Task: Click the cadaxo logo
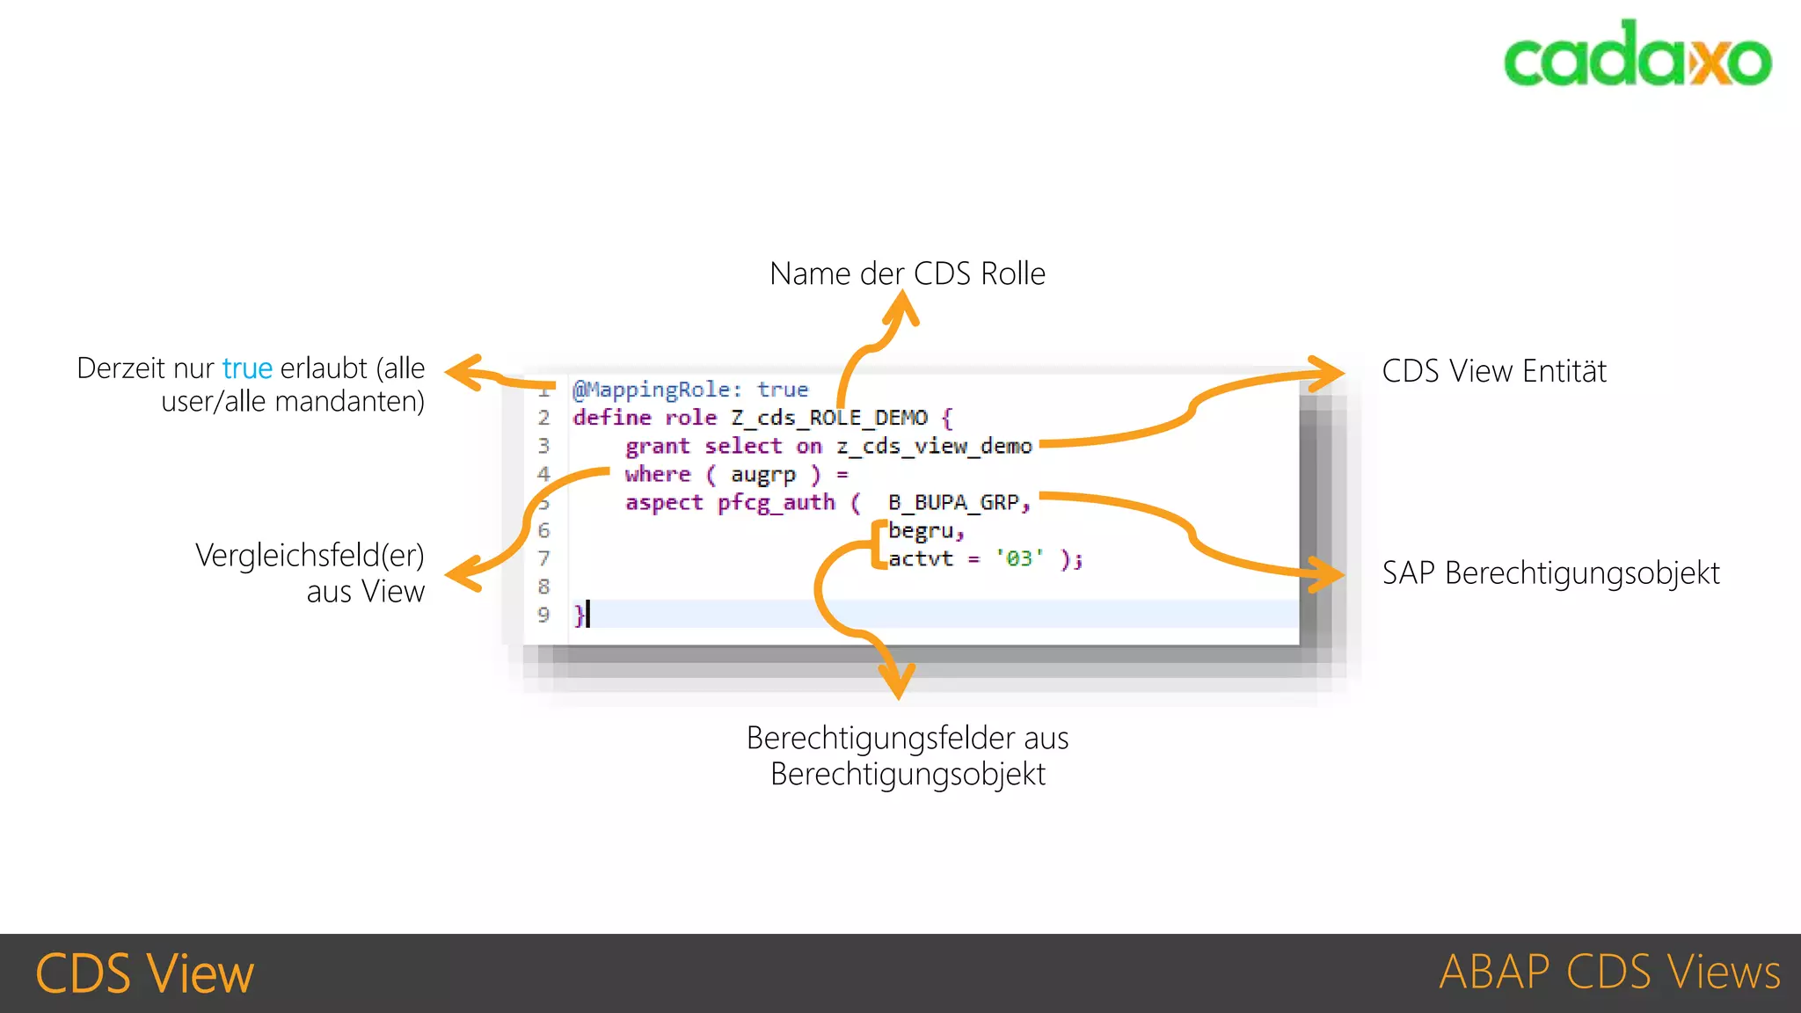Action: tap(1637, 55)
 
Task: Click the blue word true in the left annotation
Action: tap(247, 368)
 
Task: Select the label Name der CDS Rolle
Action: tap(907, 273)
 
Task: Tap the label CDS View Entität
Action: tap(1493, 371)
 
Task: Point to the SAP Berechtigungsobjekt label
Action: tap(1550, 573)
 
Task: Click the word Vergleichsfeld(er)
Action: tap(310, 556)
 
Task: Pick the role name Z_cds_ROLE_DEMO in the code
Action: tap(828, 418)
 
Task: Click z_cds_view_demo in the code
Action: tap(934, 446)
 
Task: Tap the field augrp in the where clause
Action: tap(762, 475)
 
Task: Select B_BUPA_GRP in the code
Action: tap(953, 502)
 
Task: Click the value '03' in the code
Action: tap(1019, 558)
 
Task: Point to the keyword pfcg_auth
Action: tap(776, 502)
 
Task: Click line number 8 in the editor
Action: tap(543, 587)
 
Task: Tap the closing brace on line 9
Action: tap(579, 614)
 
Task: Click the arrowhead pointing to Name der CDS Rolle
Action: tap(903, 307)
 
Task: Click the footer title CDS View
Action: tap(144, 973)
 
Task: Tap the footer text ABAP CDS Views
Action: tap(1609, 973)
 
